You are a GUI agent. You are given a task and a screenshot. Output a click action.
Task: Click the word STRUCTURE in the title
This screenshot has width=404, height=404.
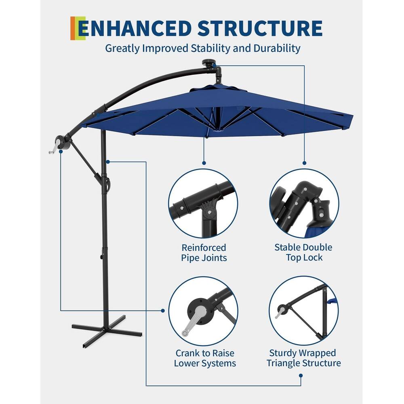pyautogui.click(x=260, y=28)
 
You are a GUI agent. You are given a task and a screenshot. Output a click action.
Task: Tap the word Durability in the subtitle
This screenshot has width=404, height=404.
pyautogui.click(x=277, y=48)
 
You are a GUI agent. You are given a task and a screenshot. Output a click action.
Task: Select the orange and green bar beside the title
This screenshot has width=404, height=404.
pyautogui.click(x=78, y=28)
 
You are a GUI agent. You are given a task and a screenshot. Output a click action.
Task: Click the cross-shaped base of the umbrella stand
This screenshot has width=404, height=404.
pyautogui.click(x=107, y=329)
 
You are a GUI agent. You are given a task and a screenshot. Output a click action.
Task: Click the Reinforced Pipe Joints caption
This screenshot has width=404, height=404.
pyautogui.click(x=204, y=253)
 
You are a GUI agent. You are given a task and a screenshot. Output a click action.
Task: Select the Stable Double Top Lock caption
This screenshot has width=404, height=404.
pyautogui.click(x=304, y=253)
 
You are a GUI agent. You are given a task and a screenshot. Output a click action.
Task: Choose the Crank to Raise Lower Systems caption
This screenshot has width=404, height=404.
pyautogui.click(x=205, y=358)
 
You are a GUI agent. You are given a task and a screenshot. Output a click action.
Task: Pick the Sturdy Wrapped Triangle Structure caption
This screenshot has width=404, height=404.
pyautogui.click(x=303, y=358)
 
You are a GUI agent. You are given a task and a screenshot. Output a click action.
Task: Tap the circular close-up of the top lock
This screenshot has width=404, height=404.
pyautogui.click(x=304, y=203)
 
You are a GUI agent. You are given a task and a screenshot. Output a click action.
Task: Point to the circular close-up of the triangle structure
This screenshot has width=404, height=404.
pyautogui.click(x=304, y=311)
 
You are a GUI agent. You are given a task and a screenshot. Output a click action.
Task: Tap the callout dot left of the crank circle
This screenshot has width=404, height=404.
pyautogui.click(x=163, y=311)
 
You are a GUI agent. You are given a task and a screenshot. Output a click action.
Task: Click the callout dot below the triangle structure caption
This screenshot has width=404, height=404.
pyautogui.click(x=301, y=375)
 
